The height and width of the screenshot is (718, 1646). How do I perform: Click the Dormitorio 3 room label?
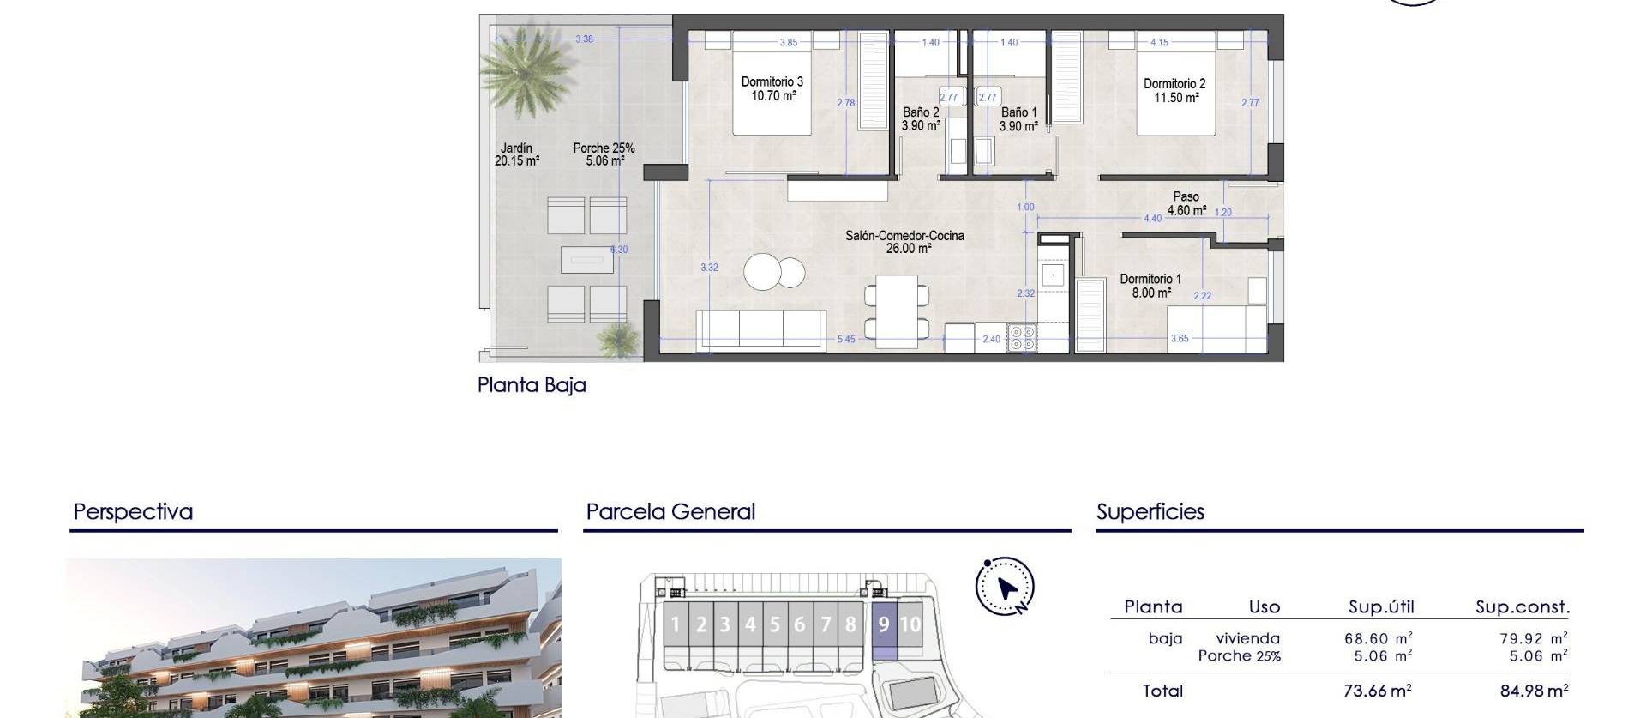pos(772,82)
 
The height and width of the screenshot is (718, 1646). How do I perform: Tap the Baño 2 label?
pos(921,112)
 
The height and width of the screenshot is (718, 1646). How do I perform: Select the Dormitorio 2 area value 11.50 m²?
pos(1176,98)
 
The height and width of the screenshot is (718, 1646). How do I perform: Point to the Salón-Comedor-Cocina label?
pos(904,235)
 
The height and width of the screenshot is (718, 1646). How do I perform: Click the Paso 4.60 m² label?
pos(1186,203)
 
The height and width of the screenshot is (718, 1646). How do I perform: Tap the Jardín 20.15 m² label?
pos(517,154)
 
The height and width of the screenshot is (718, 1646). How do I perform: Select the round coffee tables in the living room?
pos(775,273)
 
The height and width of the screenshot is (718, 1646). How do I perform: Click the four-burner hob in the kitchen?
pos(1021,337)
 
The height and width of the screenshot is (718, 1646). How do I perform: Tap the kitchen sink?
pos(1052,275)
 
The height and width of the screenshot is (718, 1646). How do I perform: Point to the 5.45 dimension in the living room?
pos(845,339)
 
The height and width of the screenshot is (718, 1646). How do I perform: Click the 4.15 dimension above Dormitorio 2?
pos(1159,42)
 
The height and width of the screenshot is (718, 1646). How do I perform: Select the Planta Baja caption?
pos(532,385)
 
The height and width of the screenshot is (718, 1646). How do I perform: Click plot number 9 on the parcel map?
pos(884,624)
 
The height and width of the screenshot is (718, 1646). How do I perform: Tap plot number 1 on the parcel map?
pos(676,624)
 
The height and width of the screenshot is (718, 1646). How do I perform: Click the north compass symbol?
pos(1006,588)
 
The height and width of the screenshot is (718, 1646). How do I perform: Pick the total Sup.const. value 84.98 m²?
pos(1534,691)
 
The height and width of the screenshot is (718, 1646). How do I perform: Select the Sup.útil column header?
pos(1380,607)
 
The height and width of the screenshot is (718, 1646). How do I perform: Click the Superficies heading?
pos(1150,512)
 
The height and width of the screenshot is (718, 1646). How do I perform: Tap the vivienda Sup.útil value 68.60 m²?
pos(1378,638)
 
